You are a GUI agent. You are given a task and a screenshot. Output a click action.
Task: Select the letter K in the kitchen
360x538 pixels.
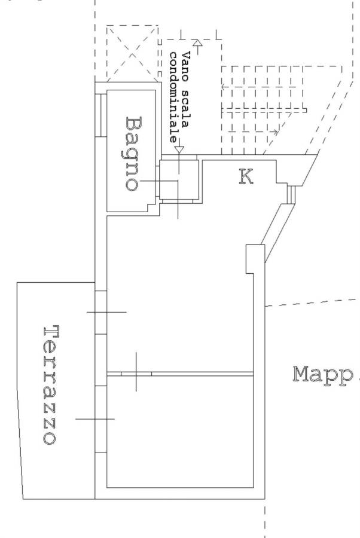pyautogui.click(x=246, y=177)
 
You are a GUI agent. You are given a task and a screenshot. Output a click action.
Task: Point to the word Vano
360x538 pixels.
pyautogui.click(x=186, y=66)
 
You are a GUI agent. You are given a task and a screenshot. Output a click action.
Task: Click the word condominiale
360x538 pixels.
pyautogui.click(x=175, y=97)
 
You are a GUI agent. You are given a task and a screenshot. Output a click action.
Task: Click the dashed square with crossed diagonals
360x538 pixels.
pyautogui.click(x=132, y=54)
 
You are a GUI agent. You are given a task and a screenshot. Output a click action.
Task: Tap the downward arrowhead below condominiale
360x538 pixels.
pyautogui.click(x=179, y=150)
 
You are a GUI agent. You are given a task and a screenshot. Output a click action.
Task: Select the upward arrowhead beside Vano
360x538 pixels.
pyautogui.click(x=197, y=43)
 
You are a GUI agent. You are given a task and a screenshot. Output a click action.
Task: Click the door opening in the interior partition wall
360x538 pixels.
pyautogui.click(x=136, y=374)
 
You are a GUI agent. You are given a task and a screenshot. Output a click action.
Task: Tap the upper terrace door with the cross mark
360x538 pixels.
pyautogui.click(x=100, y=312)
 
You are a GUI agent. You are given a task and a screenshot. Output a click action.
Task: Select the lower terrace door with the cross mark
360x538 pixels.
pyautogui.click(x=100, y=419)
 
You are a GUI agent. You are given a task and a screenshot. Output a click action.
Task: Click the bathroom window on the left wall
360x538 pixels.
pyautogui.click(x=100, y=115)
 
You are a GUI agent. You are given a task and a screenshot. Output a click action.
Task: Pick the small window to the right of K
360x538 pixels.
pyautogui.click(x=291, y=194)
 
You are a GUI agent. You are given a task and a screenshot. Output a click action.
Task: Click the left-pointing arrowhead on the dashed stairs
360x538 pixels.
pyautogui.click(x=224, y=87)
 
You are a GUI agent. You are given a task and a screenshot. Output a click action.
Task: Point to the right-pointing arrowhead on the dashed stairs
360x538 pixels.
pyautogui.click(x=275, y=132)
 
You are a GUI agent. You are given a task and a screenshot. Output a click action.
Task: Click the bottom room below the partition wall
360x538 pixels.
pyautogui.click(x=180, y=432)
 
